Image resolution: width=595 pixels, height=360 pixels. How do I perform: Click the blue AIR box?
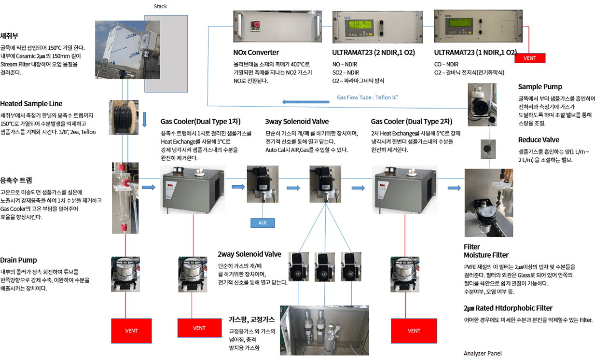pos(263,222)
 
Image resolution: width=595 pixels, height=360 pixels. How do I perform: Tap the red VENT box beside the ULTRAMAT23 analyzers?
pos(529,58)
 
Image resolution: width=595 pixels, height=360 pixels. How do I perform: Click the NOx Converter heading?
pos(256,52)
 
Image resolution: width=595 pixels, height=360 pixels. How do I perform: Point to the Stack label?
pos(160,6)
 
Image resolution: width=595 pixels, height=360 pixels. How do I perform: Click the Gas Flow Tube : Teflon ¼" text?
pos(368,97)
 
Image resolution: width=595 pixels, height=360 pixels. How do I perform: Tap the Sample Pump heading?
pos(540,87)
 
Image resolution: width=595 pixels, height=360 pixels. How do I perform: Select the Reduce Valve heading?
pos(539,140)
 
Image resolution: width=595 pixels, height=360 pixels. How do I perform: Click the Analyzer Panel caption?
pos(483,353)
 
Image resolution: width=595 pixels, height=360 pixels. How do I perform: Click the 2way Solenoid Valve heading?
pos(249,254)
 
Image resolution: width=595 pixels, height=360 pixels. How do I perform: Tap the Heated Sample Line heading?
pos(31,104)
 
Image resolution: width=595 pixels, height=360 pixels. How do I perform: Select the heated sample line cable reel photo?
pos(125,117)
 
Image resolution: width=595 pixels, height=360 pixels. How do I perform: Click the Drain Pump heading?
pos(18,260)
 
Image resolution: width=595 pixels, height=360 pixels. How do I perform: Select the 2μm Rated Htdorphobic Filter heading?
pos(508,308)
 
